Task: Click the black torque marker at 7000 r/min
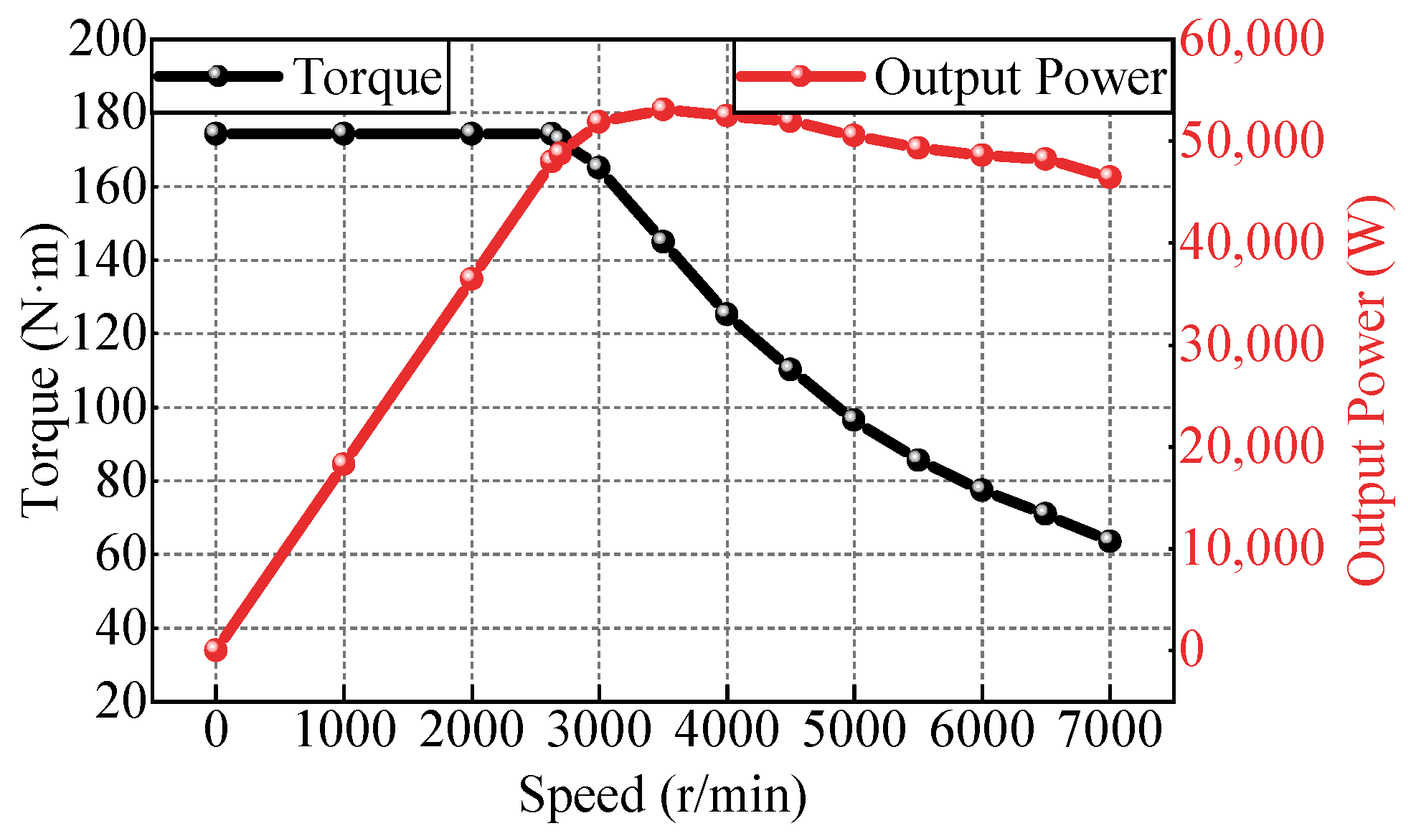click(x=1109, y=541)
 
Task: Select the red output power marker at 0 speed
click(x=216, y=650)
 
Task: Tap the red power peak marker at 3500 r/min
click(x=663, y=110)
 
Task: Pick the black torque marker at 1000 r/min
click(x=344, y=133)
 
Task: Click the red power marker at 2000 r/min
click(x=471, y=278)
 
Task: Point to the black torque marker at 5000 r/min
click(x=854, y=419)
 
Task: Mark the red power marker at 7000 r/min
click(x=1109, y=177)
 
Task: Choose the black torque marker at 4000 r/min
click(x=727, y=314)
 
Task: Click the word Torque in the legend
click(x=369, y=77)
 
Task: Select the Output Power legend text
click(x=1020, y=77)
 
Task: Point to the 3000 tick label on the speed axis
click(x=599, y=731)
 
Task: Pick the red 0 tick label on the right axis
click(x=1191, y=650)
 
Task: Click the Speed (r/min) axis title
click(x=663, y=796)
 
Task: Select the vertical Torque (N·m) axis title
click(x=42, y=370)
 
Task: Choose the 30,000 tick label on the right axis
click(x=1250, y=344)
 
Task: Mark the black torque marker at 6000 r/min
click(x=981, y=490)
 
